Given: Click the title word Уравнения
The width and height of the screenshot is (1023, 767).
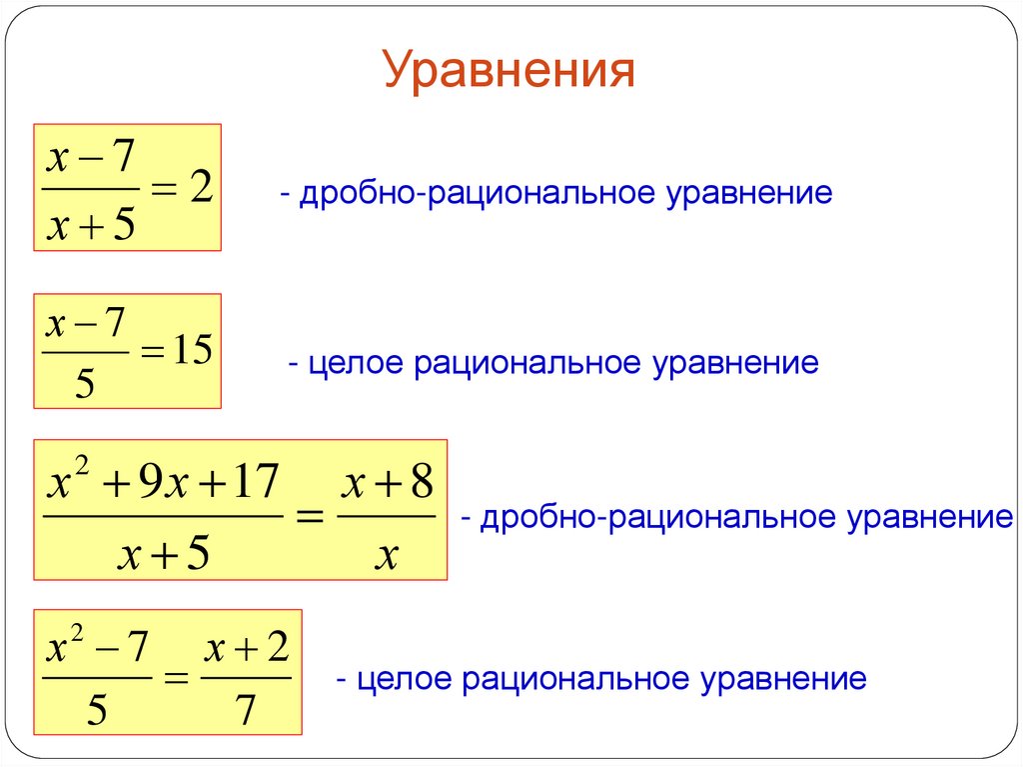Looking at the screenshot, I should pyautogui.click(x=510, y=72).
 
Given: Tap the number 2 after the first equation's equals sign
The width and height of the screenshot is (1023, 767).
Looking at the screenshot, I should pyautogui.click(x=199, y=188).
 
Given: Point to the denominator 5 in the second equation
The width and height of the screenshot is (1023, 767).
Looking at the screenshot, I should pyautogui.click(x=85, y=384).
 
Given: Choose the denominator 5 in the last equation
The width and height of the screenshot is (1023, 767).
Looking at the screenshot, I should pyautogui.click(x=97, y=711).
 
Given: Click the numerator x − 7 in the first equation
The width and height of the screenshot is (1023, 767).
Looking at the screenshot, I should pyautogui.click(x=91, y=158).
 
